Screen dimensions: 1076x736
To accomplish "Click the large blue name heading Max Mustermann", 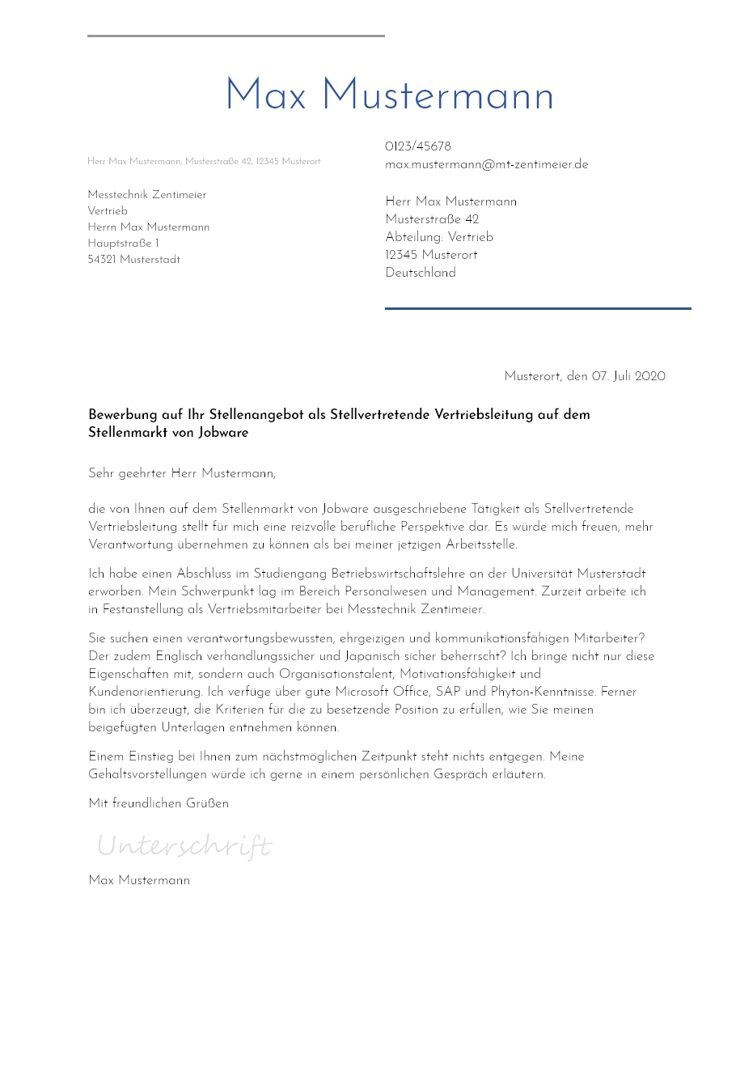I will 389,96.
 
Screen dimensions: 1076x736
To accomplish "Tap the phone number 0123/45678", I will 417,146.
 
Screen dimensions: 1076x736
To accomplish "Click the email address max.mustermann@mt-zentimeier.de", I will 486,164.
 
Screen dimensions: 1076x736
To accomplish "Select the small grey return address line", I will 204,162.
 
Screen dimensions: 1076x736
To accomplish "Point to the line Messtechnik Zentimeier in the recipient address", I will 147,195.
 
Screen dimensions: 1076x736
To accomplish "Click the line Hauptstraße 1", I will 123,244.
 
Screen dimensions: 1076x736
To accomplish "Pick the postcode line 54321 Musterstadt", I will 134,260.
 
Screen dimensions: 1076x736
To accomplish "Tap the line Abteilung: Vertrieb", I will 439,237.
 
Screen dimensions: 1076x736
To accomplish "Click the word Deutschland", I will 421,273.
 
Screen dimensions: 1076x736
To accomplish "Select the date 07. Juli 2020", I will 628,376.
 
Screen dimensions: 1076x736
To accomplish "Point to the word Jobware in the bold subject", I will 223,433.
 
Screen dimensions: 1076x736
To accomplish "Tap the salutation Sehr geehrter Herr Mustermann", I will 182,473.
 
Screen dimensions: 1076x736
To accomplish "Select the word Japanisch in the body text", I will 370,656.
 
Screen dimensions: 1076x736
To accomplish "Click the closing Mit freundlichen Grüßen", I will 159,803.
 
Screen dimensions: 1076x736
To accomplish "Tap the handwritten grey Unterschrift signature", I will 184,846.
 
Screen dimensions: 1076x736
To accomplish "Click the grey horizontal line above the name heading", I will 235,36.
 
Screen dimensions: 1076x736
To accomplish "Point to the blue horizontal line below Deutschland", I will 538,308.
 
